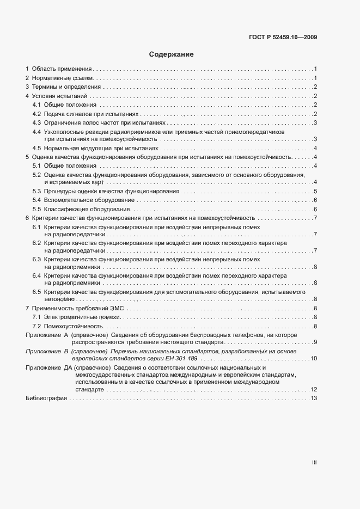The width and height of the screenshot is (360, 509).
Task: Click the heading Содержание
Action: click(172, 55)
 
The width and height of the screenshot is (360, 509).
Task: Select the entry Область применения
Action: click(62, 69)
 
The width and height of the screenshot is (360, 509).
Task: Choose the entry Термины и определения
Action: click(66, 87)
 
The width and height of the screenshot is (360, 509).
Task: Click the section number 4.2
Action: click(36, 114)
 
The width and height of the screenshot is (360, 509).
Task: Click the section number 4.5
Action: click(36, 148)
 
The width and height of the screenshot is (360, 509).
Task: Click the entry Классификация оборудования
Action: click(86, 210)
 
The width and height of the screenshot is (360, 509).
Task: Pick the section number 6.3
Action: click(36, 260)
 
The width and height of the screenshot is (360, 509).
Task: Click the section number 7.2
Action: click(36, 326)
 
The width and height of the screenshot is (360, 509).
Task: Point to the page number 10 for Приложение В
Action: click(314, 359)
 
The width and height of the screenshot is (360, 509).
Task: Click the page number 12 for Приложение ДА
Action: click(314, 390)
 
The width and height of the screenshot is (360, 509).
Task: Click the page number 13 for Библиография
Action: click(314, 399)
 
